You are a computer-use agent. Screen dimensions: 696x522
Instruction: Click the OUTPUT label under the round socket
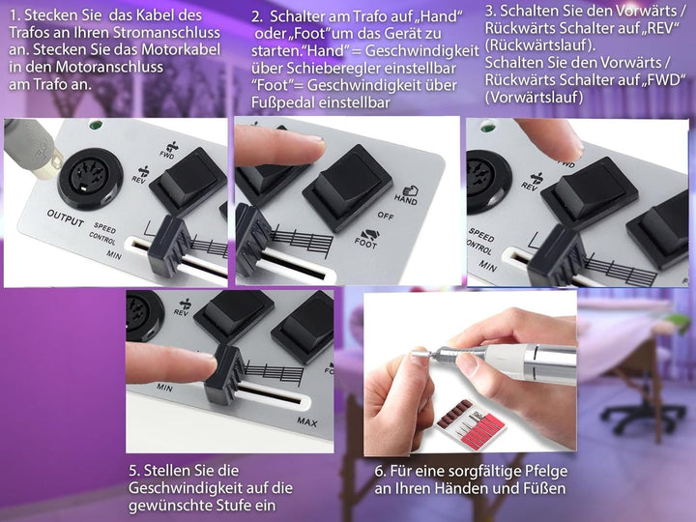pyautogui.click(x=66, y=217)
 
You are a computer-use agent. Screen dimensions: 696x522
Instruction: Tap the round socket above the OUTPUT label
pyautogui.click(x=90, y=179)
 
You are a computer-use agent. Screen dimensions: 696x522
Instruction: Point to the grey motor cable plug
pyautogui.click(x=32, y=148)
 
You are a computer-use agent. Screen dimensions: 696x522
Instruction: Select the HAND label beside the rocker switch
pyautogui.click(x=407, y=195)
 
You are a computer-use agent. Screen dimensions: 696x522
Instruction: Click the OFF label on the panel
pyautogui.click(x=386, y=216)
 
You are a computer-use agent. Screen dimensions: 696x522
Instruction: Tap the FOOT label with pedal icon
pyautogui.click(x=366, y=240)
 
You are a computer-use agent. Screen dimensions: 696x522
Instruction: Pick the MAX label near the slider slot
pyautogui.click(x=307, y=421)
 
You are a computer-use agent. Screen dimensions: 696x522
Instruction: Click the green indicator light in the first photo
pyautogui.click(x=95, y=125)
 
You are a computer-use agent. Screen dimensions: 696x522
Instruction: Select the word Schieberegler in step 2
pyautogui.click(x=371, y=69)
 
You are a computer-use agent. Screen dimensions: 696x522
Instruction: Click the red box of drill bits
pyautogui.click(x=471, y=423)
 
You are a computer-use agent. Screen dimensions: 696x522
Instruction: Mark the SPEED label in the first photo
pyautogui.click(x=104, y=227)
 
